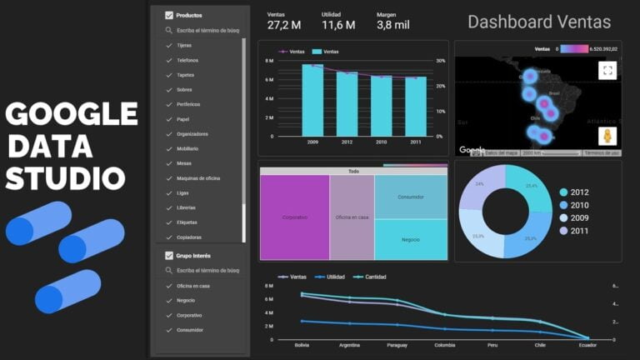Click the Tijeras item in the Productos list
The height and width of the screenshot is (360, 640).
184,46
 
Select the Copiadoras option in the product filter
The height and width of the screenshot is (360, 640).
188,237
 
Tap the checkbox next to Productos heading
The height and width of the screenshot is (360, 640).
169,15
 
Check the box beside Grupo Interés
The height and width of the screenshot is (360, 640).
169,256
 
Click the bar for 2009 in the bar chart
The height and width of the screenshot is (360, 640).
312,100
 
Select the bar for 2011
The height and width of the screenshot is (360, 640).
416,106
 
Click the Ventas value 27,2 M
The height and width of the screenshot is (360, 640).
283,26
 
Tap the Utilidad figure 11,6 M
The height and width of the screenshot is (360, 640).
338,26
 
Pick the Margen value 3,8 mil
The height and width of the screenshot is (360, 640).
394,26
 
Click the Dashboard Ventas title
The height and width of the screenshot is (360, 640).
538,22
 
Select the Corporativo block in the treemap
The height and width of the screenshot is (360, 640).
294,217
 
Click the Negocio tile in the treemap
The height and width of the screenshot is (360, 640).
410,240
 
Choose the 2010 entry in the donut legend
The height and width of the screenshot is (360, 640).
579,205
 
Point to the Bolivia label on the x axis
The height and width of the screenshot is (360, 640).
302,345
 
